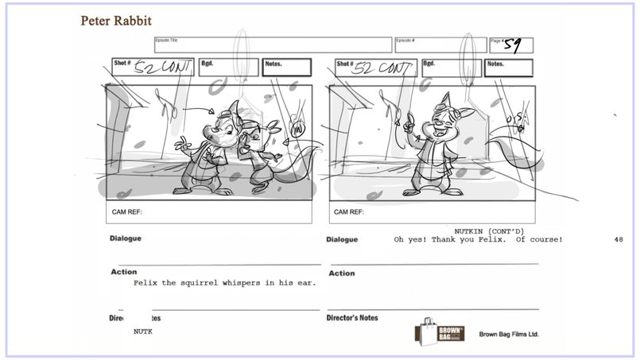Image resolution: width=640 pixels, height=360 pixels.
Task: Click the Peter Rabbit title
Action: [x=116, y=20]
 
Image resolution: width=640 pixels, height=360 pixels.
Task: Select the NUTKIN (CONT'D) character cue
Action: [x=489, y=230]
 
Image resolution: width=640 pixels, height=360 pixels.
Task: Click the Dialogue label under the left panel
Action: [x=127, y=238]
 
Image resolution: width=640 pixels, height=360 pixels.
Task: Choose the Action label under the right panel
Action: [x=341, y=273]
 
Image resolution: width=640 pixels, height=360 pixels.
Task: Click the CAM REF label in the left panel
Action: [x=126, y=212]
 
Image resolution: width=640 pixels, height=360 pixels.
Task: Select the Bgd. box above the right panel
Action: [x=450, y=68]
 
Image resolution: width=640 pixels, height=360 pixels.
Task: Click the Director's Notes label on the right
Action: [x=352, y=318]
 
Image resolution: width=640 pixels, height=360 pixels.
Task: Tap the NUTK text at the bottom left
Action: [x=142, y=331]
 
